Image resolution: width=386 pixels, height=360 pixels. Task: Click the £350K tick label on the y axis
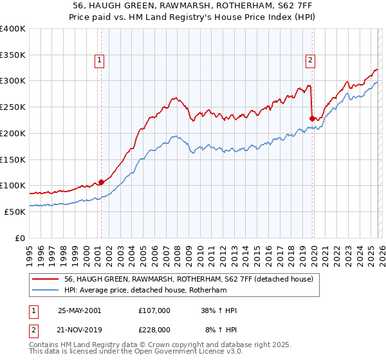[x=13, y=55]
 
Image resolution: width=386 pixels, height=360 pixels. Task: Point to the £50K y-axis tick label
[x=14, y=212]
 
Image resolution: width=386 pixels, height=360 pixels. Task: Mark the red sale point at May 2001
[x=101, y=182]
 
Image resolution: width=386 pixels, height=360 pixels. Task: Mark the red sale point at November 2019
[x=312, y=118]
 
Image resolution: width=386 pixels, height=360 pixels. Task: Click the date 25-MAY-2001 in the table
[x=79, y=310]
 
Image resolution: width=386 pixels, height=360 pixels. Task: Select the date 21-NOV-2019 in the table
[x=79, y=330]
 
